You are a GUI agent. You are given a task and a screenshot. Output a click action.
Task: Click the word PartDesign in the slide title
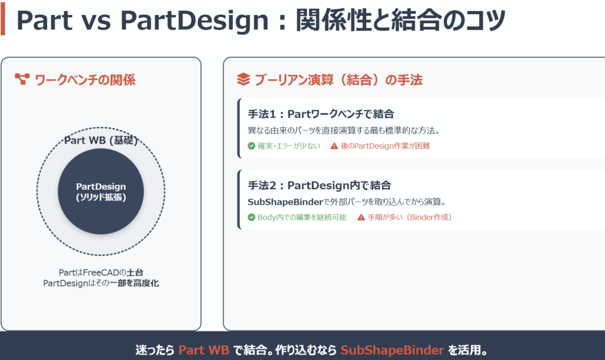coord(194,21)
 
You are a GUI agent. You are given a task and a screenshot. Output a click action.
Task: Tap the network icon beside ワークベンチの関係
coord(22,79)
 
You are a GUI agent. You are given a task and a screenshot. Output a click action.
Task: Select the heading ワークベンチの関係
coord(85,80)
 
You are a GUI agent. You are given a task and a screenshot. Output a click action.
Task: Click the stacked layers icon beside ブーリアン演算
coord(243,79)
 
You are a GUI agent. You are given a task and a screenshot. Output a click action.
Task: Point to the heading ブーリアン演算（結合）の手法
coord(339,80)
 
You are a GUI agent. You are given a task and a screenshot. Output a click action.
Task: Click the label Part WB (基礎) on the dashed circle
coord(100,140)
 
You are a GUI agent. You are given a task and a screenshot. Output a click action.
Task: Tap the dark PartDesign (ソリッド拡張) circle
coord(100,192)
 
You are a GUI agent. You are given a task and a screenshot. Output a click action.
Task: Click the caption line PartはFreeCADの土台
coord(100,273)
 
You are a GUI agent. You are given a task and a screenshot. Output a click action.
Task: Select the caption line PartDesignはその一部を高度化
coord(100,283)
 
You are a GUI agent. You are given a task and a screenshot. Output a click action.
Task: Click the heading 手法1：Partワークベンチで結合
coord(321,114)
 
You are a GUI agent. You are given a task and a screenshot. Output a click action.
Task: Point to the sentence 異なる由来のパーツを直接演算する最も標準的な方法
coord(343,131)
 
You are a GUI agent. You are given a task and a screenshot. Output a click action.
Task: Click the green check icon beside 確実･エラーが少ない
coord(252,146)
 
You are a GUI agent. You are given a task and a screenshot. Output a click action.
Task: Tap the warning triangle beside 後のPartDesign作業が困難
coord(334,146)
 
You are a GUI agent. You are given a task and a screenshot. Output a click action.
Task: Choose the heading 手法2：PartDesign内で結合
coord(320,185)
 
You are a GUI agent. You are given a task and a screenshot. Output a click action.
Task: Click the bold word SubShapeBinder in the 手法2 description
coord(285,202)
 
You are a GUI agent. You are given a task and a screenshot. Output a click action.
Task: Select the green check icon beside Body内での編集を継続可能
coord(252,217)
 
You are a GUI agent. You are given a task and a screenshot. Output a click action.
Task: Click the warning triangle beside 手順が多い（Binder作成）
coord(361,217)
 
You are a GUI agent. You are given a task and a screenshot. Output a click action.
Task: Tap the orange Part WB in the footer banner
coord(204,350)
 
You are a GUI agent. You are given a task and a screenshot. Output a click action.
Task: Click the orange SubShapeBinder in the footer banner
coord(392,350)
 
